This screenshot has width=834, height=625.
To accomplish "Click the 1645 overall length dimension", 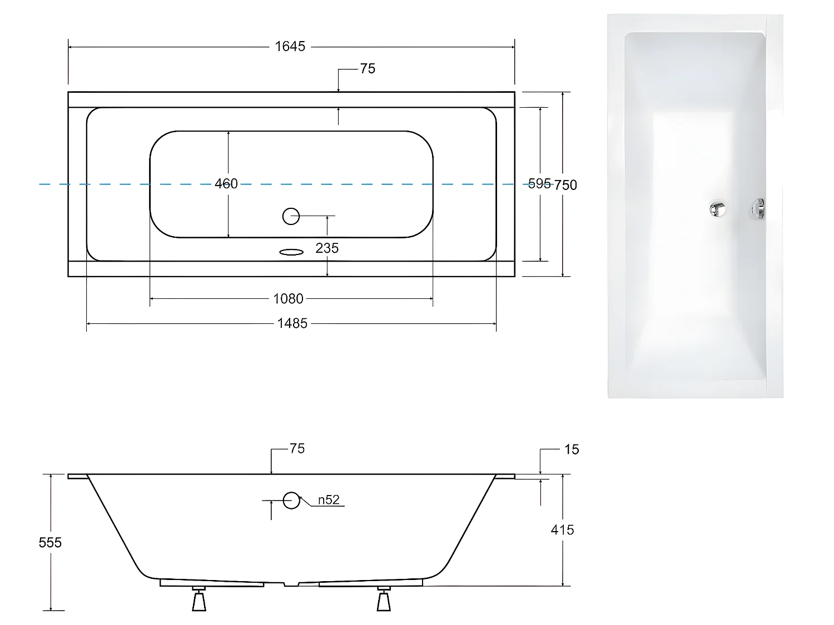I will tap(290, 47).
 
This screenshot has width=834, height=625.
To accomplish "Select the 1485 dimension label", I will tap(292, 323).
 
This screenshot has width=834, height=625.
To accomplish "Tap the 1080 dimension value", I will tap(288, 299).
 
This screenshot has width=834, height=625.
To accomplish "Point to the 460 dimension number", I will tap(226, 183).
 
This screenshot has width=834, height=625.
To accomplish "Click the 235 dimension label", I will tap(327, 248).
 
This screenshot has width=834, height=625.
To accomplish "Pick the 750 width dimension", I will tap(566, 185).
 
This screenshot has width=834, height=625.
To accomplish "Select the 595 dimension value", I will tap(539, 184).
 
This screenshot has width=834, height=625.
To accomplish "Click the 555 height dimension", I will tap(50, 542).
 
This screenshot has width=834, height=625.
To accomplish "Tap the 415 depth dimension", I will tap(562, 530).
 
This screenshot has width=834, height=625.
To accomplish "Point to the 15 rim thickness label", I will tap(572, 449).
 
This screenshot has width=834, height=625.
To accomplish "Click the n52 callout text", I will tap(329, 500).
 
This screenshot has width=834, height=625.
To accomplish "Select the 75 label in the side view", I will tap(297, 449).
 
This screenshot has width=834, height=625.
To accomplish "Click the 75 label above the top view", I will tap(368, 69).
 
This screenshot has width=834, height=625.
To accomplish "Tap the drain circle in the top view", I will tap(291, 216).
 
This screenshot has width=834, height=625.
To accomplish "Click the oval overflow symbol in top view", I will tap(291, 252).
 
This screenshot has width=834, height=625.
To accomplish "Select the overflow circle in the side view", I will tap(291, 500).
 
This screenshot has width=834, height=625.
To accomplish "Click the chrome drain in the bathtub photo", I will tap(717, 209).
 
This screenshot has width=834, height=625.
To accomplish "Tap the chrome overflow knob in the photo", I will tap(758, 209).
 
